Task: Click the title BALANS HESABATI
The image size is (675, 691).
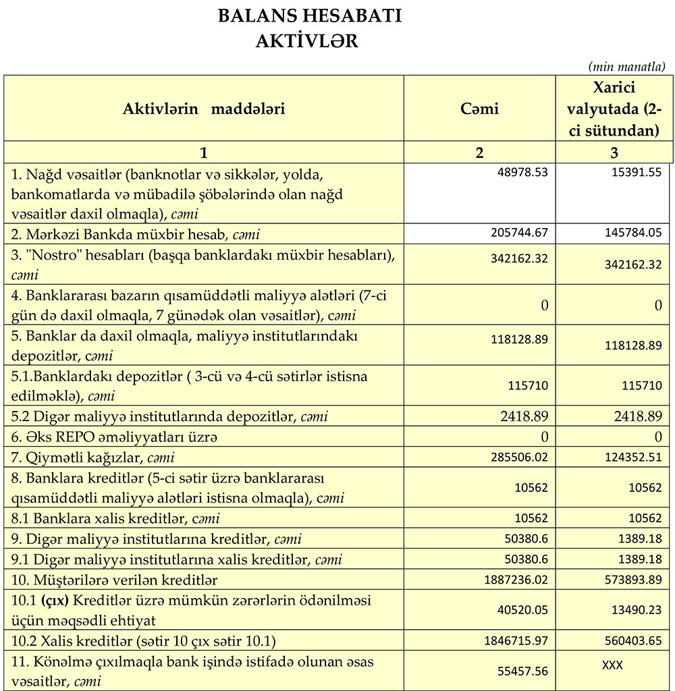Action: tap(309, 16)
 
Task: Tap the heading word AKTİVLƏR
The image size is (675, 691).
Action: tap(307, 41)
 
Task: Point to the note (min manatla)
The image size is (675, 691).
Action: tap(627, 66)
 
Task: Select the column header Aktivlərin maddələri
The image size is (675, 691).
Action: tap(204, 109)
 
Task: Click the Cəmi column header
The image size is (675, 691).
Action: tap(479, 109)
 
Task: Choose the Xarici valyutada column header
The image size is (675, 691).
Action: tap(614, 109)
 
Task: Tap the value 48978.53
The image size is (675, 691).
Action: tap(520, 173)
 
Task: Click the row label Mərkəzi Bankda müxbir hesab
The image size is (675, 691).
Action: tap(136, 235)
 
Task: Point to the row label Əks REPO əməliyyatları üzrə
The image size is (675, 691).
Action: tap(115, 437)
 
